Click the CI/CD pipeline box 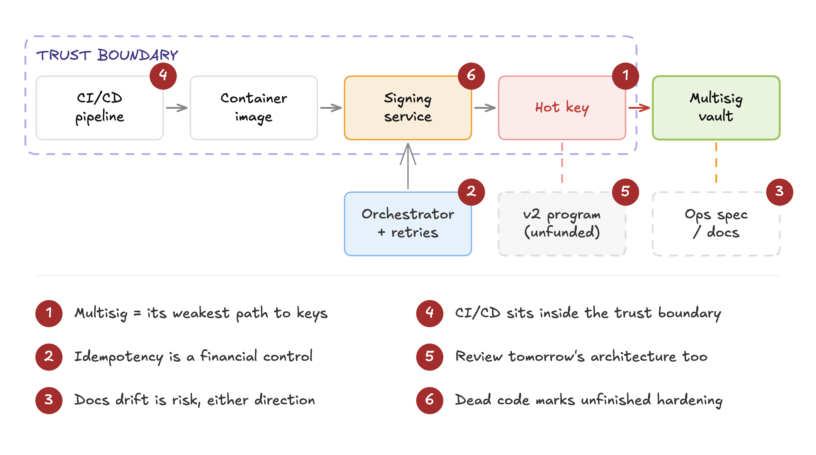[99, 108]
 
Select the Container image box [254, 108]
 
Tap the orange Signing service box [408, 108]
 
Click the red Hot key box [562, 108]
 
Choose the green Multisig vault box [716, 108]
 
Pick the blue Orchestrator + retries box [408, 224]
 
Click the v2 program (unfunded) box [562, 224]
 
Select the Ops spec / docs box [716, 224]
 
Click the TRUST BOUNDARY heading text [107, 55]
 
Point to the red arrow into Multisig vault [639, 108]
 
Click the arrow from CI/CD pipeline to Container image [177, 108]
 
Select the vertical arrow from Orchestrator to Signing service [408, 166]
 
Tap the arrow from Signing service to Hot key [485, 108]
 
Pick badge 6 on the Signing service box [471, 76]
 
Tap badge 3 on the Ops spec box [779, 192]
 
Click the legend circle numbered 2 [49, 357]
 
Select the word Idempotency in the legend [119, 357]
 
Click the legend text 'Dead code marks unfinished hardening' [588, 400]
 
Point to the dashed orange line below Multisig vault [716, 163]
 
